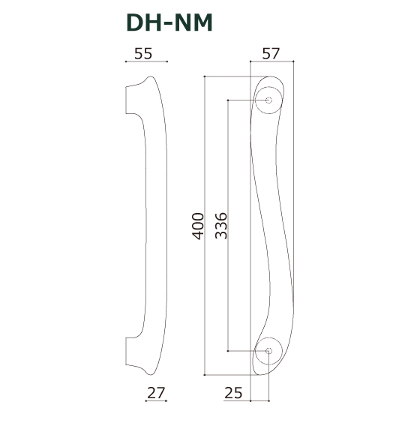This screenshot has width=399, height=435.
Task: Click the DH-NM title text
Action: (169, 24)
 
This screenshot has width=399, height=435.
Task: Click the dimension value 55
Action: (143, 53)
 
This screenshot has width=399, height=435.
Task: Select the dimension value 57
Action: (271, 53)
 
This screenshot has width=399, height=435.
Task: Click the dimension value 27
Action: (157, 393)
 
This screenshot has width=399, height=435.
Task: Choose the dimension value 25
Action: (234, 393)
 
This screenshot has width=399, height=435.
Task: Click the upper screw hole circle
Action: (268, 100)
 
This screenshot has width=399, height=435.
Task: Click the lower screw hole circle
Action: (268, 350)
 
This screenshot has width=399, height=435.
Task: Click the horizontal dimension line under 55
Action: (145, 61)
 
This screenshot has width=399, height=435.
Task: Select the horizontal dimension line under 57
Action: (271, 61)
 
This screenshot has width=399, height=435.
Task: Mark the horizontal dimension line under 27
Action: (157, 401)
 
